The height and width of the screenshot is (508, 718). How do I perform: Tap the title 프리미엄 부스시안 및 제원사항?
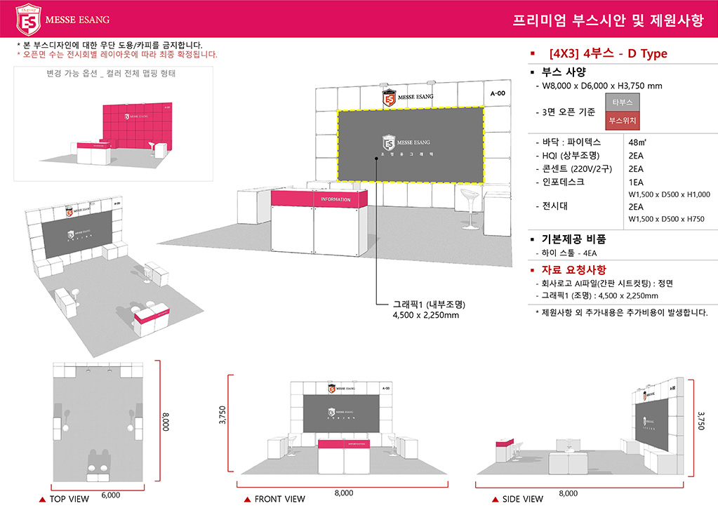pyautogui.click(x=608, y=20)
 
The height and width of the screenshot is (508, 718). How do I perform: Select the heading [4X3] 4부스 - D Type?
pyautogui.click(x=609, y=54)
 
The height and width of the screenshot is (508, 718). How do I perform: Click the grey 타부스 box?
pyautogui.click(x=622, y=102)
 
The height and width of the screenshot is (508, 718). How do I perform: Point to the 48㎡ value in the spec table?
pyautogui.click(x=638, y=142)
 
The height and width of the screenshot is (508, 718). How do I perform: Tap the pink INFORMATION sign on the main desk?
pyautogui.click(x=335, y=199)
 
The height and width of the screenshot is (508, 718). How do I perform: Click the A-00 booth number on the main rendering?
pyautogui.click(x=498, y=93)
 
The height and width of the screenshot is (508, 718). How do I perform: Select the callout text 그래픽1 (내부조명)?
pyautogui.click(x=429, y=305)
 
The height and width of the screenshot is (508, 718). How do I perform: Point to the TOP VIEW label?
pyautogui.click(x=69, y=499)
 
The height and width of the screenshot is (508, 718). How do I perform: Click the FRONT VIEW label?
pyautogui.click(x=279, y=499)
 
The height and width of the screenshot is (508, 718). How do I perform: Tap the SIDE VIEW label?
pyautogui.click(x=522, y=499)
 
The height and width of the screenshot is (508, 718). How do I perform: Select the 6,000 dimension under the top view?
pyautogui.click(x=110, y=495)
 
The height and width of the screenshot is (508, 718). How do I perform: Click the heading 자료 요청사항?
pyautogui.click(x=574, y=269)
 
